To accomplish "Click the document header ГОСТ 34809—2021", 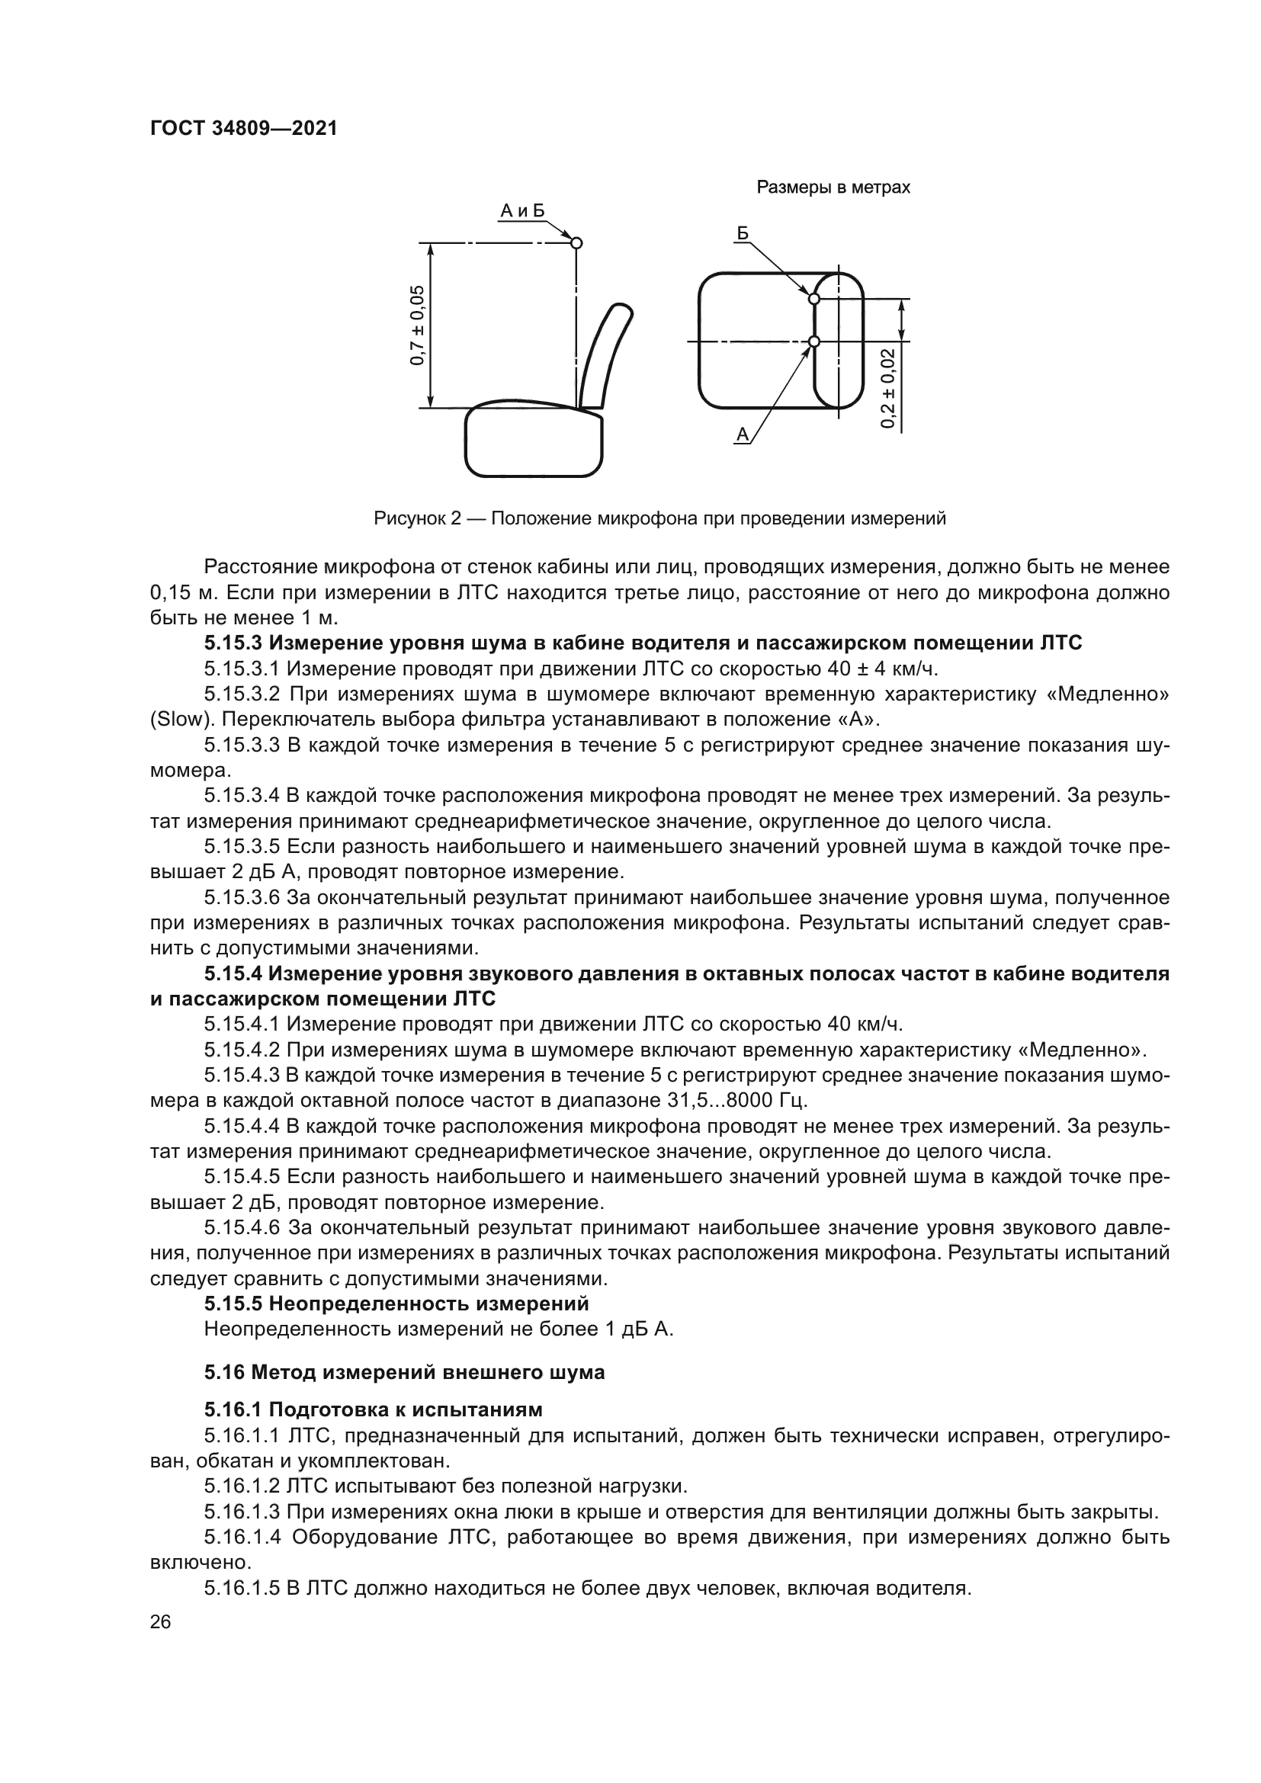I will (x=243, y=128).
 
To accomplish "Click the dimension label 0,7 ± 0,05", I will (x=418, y=325).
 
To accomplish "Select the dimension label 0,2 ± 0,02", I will (x=887, y=387).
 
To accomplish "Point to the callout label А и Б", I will (x=521, y=210).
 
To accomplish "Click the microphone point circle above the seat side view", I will (x=576, y=243).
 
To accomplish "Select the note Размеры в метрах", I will (x=833, y=188).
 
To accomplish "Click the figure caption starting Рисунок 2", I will (x=659, y=518).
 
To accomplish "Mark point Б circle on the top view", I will (x=813, y=298).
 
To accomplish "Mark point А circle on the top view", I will (x=813, y=342).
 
